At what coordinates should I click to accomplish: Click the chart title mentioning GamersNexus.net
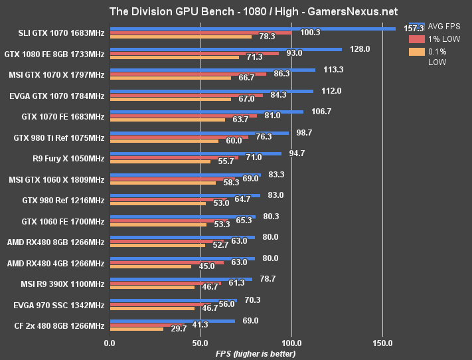pyautogui.click(x=236, y=11)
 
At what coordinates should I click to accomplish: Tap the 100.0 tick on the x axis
pyautogui.click(x=291, y=343)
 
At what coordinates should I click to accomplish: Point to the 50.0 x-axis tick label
pyautogui.click(x=200, y=343)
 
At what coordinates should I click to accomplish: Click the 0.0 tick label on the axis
pyautogui.click(x=110, y=343)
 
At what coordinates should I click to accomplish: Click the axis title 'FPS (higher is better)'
pyautogui.click(x=256, y=353)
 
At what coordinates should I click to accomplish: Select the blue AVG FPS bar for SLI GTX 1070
pyautogui.click(x=252, y=29)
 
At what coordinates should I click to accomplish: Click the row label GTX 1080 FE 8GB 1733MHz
pyautogui.click(x=54, y=54)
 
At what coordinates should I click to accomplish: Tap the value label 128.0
pyautogui.click(x=360, y=49)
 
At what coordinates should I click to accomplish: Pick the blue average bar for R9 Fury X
pyautogui.click(x=195, y=153)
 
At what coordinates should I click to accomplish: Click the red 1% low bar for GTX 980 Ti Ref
pyautogui.click(x=179, y=137)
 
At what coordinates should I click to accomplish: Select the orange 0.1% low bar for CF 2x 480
pyautogui.click(x=136, y=329)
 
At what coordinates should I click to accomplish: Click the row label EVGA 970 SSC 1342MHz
pyautogui.click(x=59, y=305)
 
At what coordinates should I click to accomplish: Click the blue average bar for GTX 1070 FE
pyautogui.click(x=206, y=112)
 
